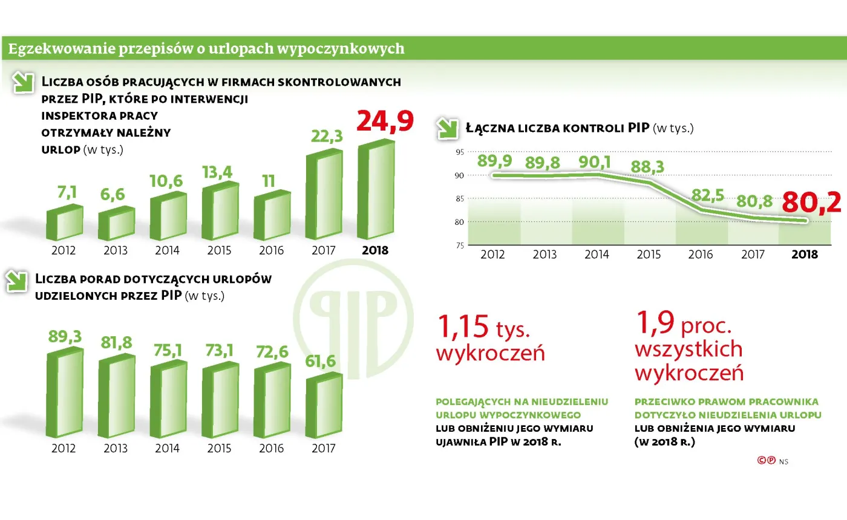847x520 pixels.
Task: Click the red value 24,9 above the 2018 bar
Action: pos(385,120)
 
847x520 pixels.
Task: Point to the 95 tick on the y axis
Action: pos(459,152)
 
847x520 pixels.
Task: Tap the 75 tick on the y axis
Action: pos(459,245)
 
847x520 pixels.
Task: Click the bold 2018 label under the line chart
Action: pos(804,255)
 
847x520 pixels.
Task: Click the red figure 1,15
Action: pos(462,327)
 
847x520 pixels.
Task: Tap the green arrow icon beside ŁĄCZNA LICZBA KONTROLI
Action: pos(449,128)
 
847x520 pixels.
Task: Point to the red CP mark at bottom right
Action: pos(766,461)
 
